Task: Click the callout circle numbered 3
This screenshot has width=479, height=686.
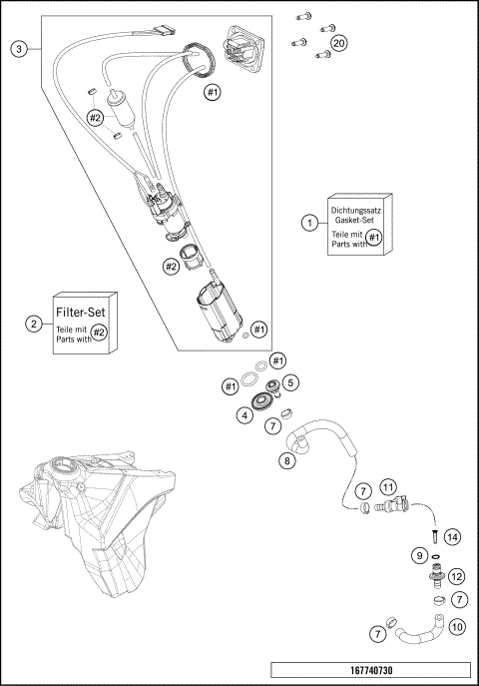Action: [x=17, y=48]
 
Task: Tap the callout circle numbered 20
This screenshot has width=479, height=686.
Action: [x=339, y=44]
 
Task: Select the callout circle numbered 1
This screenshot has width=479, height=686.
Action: [x=311, y=222]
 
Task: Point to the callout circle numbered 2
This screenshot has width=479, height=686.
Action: [x=34, y=324]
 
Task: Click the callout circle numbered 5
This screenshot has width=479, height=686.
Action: [x=290, y=382]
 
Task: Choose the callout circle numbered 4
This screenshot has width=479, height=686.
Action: [x=243, y=414]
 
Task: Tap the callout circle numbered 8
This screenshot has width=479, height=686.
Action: [x=286, y=461]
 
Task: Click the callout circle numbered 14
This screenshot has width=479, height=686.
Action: [x=452, y=537]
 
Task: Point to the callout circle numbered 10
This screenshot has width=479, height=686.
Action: [x=457, y=627]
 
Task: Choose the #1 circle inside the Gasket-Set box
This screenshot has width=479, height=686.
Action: [x=374, y=237]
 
